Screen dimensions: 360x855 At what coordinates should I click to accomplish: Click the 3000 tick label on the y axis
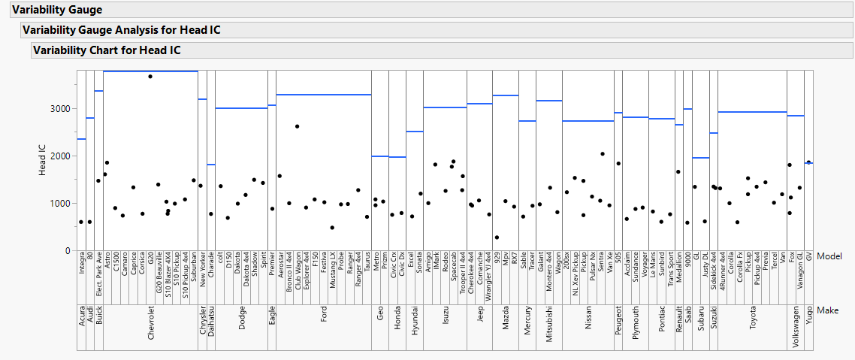pos(61,108)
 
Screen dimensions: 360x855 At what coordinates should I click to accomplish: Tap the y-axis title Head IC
pos(44,161)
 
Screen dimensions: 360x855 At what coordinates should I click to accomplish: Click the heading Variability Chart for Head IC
pos(107,50)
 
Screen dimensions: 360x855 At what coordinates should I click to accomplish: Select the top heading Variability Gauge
pos(57,10)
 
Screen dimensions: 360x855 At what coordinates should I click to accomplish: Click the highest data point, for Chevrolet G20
pos(150,77)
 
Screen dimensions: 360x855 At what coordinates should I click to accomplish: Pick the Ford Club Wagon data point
pos(298,126)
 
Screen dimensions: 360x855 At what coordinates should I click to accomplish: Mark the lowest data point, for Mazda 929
pos(497,237)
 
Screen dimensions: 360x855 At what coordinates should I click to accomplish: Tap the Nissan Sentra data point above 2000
pos(603,154)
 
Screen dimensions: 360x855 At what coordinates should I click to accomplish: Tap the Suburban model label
pos(194,274)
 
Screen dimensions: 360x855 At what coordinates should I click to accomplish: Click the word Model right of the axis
pos(829,256)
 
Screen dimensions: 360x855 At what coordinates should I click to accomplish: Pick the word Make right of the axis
pos(828,310)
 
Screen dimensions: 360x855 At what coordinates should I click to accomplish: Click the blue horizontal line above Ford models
pos(324,95)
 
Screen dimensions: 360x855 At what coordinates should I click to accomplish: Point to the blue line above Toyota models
pos(752,112)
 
